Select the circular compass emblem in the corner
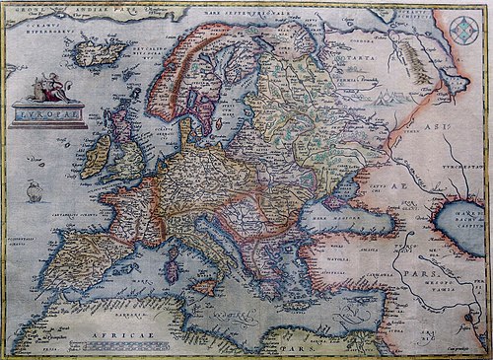463,30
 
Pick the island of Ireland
97,157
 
